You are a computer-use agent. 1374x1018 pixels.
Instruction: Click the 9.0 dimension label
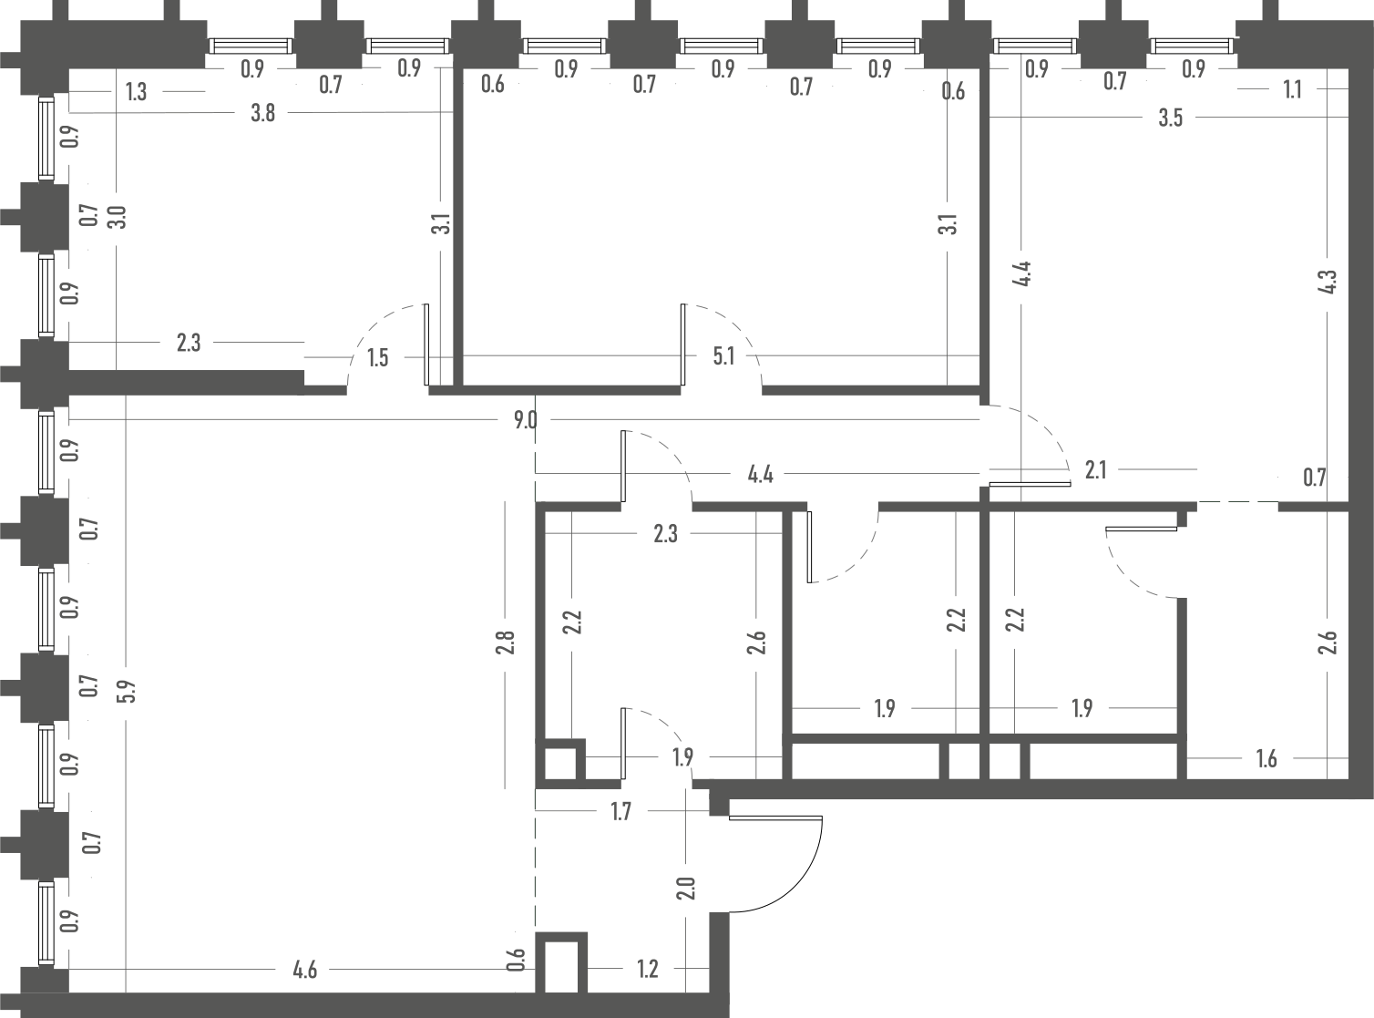[526, 421]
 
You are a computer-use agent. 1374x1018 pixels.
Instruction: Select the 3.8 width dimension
[262, 113]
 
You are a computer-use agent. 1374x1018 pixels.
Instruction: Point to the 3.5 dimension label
[1170, 118]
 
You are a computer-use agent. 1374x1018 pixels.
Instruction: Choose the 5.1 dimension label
[723, 357]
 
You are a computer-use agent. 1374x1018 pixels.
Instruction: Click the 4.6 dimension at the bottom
[305, 970]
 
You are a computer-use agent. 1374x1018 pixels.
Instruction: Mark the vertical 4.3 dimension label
[1328, 282]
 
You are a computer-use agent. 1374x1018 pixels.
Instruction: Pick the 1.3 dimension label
[136, 92]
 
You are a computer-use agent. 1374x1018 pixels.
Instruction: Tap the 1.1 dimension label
[1292, 90]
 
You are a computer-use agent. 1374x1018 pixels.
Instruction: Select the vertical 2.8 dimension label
[506, 643]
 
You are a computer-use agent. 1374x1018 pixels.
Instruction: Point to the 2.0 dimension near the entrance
[687, 889]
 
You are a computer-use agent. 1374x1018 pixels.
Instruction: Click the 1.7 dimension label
[620, 811]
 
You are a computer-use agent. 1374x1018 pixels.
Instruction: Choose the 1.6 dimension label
[1266, 759]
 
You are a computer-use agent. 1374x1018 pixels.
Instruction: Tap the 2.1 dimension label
[1095, 470]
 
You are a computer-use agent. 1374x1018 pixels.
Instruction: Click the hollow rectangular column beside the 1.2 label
[561, 971]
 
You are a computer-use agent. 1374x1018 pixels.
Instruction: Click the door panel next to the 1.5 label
[426, 344]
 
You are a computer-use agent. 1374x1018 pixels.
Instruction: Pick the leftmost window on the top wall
[251, 46]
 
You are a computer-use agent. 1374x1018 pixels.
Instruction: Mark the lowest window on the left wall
[46, 923]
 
